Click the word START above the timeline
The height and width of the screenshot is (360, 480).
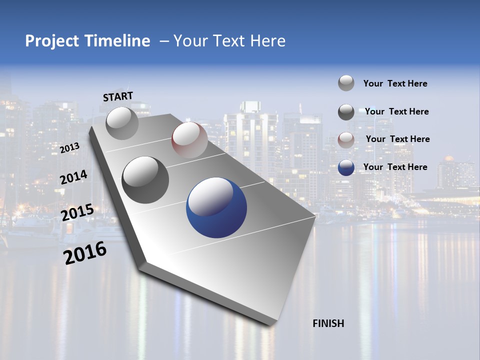coord(118,96)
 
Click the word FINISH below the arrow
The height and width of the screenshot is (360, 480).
coord(328,323)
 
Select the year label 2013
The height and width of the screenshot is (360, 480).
coord(69,148)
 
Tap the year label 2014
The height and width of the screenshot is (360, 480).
coord(74,177)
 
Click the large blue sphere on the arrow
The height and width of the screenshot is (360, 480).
coord(216,207)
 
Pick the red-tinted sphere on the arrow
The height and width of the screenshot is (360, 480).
coord(189,140)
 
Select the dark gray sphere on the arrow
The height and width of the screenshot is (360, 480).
coord(145,180)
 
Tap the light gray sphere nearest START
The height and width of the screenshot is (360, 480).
coord(122,123)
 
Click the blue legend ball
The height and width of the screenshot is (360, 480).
coord(346,167)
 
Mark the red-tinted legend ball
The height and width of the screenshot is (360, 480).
coord(346,140)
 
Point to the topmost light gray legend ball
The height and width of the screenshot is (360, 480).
coord(346,83)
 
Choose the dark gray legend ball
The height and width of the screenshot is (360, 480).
coord(346,112)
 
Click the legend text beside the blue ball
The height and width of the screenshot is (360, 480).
coord(395,167)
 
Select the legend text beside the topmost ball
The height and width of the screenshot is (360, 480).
coord(395,83)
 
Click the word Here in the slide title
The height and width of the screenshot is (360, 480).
coord(267,41)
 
